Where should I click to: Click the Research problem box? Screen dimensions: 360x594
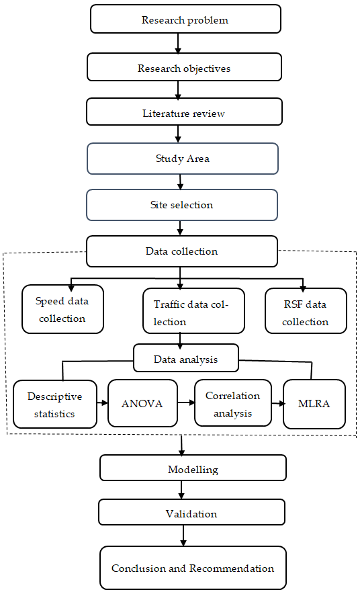(x=185, y=19)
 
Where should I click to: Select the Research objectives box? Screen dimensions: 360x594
(x=184, y=67)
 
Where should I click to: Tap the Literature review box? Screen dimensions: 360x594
(x=184, y=112)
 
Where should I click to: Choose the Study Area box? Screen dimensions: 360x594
(x=183, y=159)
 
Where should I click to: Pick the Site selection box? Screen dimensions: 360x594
(x=182, y=205)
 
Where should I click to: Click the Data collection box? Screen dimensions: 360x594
(x=182, y=251)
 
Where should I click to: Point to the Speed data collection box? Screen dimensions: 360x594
(x=63, y=309)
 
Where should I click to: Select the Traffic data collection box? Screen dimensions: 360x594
(x=194, y=311)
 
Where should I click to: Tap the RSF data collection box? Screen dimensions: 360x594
(x=306, y=311)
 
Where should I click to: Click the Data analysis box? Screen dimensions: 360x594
(x=186, y=358)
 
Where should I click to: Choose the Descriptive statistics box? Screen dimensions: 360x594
(x=55, y=405)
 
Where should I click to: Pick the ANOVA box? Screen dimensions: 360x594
(x=142, y=403)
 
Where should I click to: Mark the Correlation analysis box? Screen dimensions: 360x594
(x=233, y=403)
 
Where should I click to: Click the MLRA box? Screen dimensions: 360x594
(x=314, y=404)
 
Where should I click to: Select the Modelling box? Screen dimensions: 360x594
(x=193, y=468)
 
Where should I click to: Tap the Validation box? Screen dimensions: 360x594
(x=191, y=512)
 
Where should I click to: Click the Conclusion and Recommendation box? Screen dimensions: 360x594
(x=193, y=568)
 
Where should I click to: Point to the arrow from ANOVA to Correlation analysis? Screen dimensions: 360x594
(x=186, y=402)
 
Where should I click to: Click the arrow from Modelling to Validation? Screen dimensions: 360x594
(x=181, y=490)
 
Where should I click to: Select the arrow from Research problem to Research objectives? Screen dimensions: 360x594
(x=178, y=43)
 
